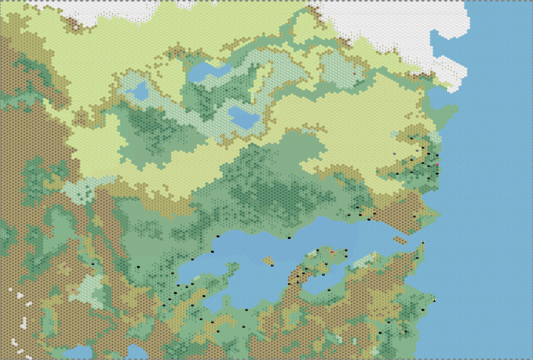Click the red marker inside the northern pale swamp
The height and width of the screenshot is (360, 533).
coord(355,74)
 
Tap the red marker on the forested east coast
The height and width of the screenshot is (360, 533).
coord(437,164)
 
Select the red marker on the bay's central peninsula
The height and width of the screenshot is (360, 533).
coord(332,252)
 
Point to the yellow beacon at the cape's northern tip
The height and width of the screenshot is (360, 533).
coord(423,242)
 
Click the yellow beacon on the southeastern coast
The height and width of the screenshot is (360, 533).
coord(434,300)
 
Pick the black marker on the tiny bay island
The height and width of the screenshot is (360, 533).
coord(272,265)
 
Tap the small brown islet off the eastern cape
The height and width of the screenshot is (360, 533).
coord(400,240)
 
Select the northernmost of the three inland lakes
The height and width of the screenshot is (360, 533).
coord(208,71)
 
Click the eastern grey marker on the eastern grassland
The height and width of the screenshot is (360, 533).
coord(417,150)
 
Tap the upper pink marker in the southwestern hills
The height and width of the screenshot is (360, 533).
coord(65,266)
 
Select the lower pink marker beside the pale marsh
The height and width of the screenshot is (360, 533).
coord(73,289)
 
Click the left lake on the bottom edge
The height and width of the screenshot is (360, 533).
coord(77,352)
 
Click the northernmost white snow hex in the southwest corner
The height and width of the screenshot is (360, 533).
coord(10,289)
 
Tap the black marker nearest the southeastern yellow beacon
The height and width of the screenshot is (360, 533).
coord(423,310)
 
